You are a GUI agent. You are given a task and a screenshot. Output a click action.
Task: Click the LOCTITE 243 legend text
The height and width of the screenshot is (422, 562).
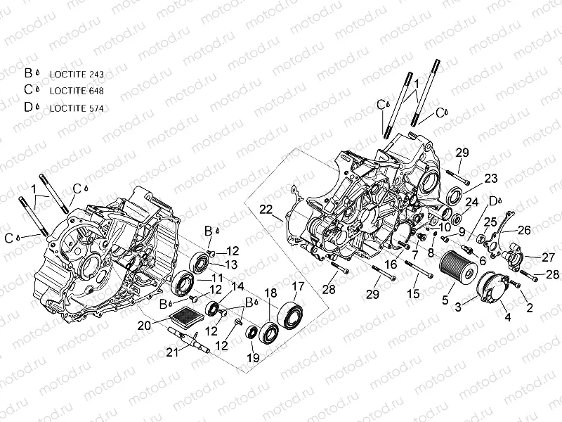(77, 74)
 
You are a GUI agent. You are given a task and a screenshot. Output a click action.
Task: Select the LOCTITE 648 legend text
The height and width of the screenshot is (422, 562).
(77, 91)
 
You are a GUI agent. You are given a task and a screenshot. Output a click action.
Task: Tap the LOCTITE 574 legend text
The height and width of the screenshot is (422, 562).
(77, 108)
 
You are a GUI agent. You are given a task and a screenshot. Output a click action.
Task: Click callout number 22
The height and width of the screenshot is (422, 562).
(265, 210)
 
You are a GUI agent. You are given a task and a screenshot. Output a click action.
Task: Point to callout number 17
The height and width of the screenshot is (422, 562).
(298, 286)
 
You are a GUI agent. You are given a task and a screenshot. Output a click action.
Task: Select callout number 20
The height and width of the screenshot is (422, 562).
(144, 325)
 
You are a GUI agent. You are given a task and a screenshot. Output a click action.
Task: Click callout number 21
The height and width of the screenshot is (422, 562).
(172, 353)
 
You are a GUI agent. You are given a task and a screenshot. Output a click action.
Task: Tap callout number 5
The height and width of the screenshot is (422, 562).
(444, 300)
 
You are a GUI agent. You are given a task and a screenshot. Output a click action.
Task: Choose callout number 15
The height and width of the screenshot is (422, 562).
(414, 292)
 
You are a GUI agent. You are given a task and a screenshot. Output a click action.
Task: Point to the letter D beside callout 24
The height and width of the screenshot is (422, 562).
(493, 200)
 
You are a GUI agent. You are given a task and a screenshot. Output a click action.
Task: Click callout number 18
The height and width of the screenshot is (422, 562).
(270, 292)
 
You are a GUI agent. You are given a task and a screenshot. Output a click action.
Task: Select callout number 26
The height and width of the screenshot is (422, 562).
(524, 229)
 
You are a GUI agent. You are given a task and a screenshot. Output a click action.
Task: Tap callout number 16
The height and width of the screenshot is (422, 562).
(391, 264)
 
